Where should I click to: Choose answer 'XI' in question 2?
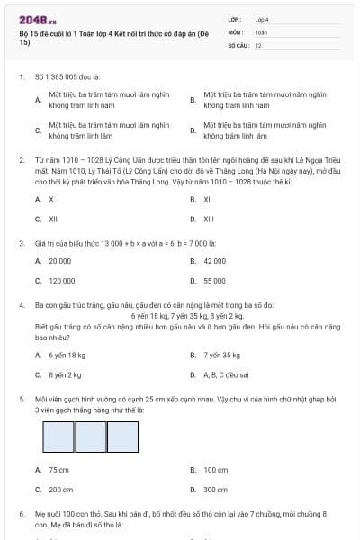207,199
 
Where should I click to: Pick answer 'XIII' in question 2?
208,219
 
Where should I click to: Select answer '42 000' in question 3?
214,261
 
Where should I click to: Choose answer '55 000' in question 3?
214,281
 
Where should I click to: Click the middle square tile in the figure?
90,436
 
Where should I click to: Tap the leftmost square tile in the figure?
58,436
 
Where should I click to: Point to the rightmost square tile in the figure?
121,436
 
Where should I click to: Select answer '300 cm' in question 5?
215,490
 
